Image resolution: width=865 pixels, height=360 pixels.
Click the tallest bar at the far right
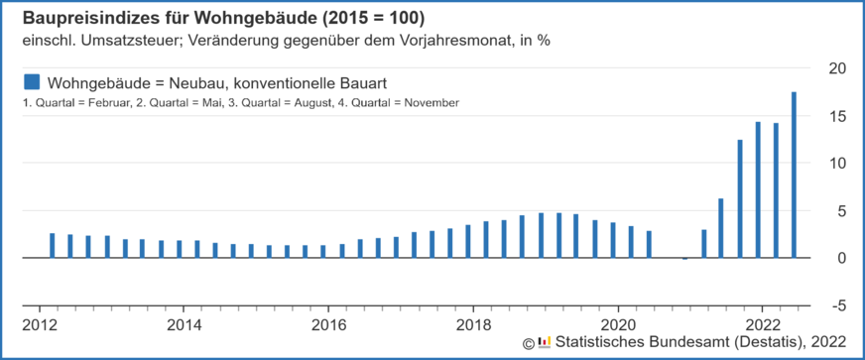point(794,175)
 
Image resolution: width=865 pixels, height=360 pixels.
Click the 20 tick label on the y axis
point(838,67)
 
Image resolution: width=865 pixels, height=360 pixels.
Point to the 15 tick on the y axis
point(838,115)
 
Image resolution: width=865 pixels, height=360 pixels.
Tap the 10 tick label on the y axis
point(838,163)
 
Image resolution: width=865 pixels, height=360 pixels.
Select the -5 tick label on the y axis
point(838,305)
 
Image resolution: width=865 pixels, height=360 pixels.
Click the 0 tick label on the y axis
point(842,258)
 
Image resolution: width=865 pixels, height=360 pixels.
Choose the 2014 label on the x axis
point(184,324)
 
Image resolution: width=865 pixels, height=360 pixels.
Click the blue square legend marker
point(31,80)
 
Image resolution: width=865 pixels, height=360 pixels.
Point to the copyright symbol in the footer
point(528,343)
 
